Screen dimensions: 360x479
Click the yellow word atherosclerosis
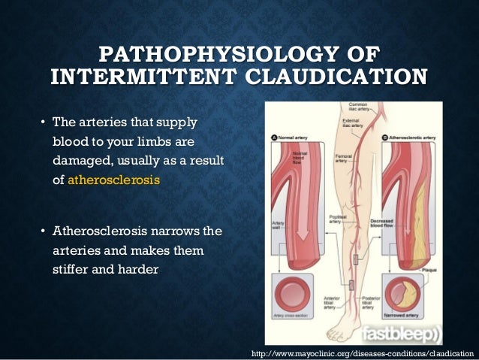(x=114, y=180)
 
